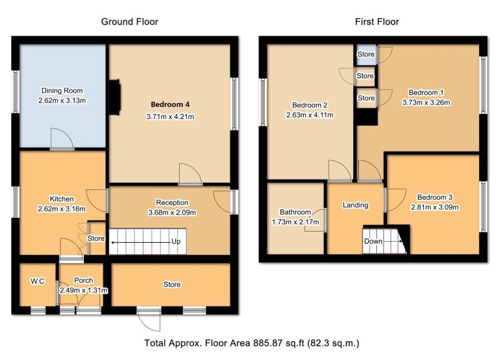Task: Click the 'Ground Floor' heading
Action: (130, 22)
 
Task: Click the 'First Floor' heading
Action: (377, 22)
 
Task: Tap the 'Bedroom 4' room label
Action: (170, 105)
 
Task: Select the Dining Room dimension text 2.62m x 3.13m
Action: (62, 101)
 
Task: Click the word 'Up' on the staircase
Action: (176, 242)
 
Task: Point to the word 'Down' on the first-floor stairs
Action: (373, 241)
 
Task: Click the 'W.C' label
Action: (38, 281)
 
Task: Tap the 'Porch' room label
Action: (83, 280)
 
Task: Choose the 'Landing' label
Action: (355, 205)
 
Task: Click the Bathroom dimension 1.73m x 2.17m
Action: (295, 222)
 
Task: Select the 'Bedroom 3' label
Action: (435, 197)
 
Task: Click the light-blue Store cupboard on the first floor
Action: (366, 54)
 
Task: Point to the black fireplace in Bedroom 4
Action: (115, 97)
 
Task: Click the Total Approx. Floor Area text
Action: (252, 343)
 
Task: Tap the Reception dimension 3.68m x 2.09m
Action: (172, 212)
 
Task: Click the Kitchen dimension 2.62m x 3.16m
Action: (61, 209)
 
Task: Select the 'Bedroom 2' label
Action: (309, 105)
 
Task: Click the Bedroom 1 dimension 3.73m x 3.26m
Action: (426, 103)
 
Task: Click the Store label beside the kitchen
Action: (96, 239)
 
